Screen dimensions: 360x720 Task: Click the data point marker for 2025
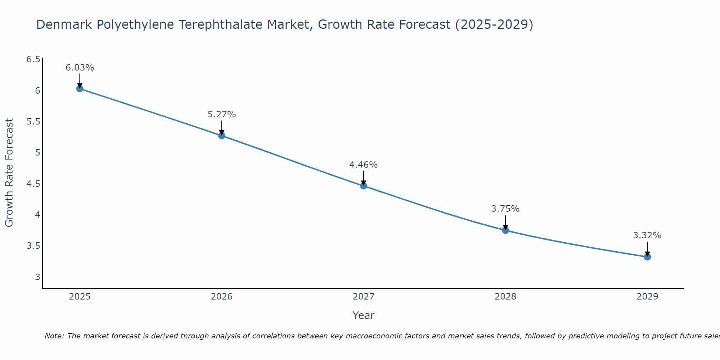(80, 89)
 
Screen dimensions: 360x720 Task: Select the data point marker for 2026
(222, 136)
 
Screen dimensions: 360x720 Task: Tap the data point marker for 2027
(364, 186)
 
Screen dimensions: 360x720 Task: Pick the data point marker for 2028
(505, 230)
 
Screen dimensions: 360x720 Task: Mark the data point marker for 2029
(647, 257)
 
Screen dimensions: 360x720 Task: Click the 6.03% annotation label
(80, 68)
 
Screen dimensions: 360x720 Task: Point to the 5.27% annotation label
(222, 114)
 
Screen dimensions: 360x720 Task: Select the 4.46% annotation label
(364, 165)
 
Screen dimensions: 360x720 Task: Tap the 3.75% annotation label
(505, 209)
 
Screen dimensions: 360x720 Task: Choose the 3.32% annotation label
(647, 235)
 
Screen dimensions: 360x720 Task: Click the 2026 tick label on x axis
(222, 297)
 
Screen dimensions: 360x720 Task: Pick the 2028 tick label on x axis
(505, 297)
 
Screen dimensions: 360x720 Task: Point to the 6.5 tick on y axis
(33, 59)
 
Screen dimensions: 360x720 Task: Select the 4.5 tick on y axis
(33, 184)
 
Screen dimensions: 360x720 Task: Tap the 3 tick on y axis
(37, 277)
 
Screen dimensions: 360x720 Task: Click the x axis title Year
(364, 315)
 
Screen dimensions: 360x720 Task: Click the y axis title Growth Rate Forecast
(9, 173)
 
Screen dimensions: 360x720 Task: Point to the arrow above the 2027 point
(364, 177)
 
